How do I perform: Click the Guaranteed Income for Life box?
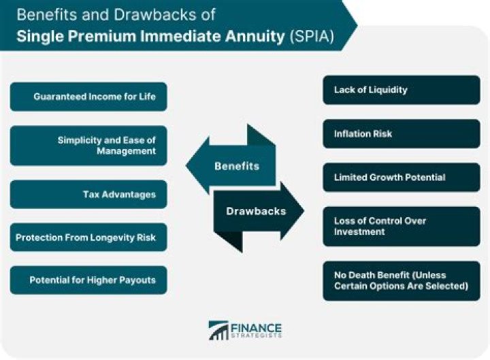click(88, 97)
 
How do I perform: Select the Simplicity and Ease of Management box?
click(88, 146)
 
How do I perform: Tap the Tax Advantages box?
click(88, 195)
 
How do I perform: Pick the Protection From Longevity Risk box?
click(88, 238)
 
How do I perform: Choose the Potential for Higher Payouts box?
click(88, 280)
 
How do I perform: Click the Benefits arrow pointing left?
click(228, 165)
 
